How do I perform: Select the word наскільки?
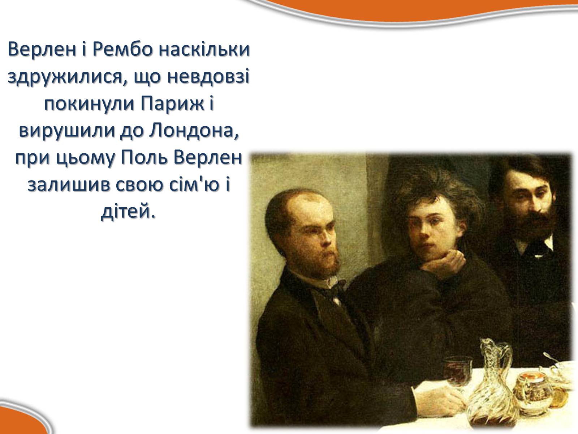coord(204,49)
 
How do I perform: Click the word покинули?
coord(89,104)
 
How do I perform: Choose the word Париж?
coord(172,104)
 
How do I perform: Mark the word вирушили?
coord(67,131)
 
